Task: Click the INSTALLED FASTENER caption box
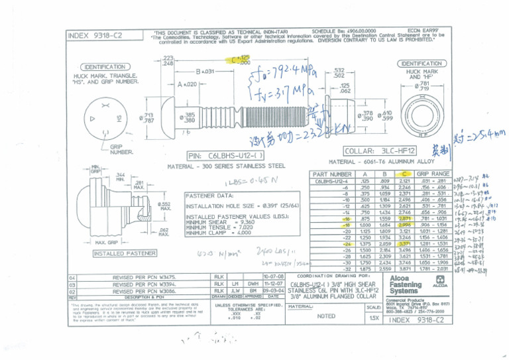[x=117, y=253]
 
